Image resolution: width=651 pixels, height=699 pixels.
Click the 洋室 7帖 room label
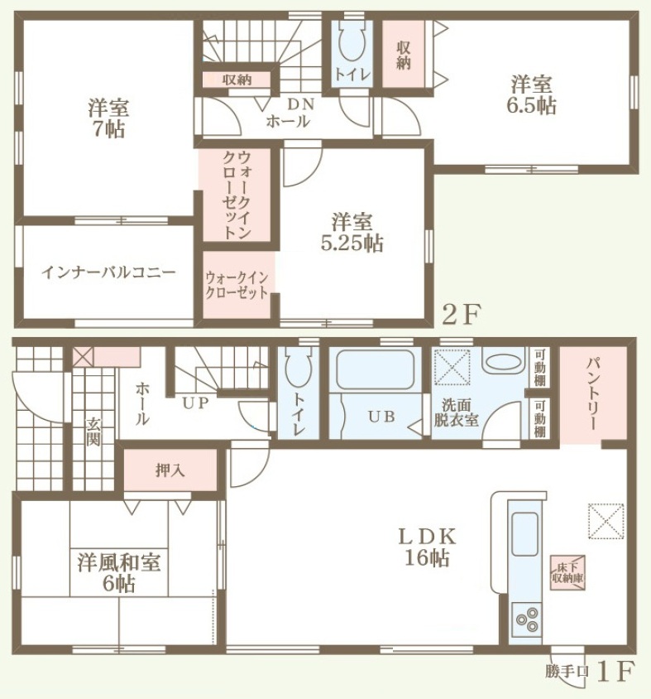pyautogui.click(x=108, y=118)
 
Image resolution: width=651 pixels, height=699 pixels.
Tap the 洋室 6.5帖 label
pyautogui.click(x=531, y=95)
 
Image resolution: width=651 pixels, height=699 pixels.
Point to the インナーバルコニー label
pyautogui.click(x=108, y=272)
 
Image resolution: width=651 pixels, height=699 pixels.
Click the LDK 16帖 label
pyautogui.click(x=427, y=547)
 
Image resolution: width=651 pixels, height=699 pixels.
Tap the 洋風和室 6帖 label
pyautogui.click(x=118, y=573)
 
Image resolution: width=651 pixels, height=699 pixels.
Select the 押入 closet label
pyautogui.click(x=170, y=470)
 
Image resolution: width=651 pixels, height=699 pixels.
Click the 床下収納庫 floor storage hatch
pyautogui.click(x=567, y=573)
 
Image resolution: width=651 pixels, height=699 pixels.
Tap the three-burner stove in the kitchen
pyautogui.click(x=526, y=619)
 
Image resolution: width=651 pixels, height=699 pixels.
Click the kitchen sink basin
pyautogui.click(x=525, y=533)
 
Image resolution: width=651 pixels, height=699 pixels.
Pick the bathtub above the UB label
pyautogui.click(x=375, y=369)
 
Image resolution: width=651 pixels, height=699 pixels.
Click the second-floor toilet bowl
pyautogui.click(x=352, y=41)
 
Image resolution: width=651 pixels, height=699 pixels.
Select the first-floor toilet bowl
pyautogui.click(x=298, y=366)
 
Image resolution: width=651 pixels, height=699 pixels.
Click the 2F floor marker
pyautogui.click(x=462, y=316)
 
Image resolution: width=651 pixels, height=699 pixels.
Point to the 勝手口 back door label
pyautogui.click(x=567, y=671)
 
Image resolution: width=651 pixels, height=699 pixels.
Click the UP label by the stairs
pyautogui.click(x=195, y=403)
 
